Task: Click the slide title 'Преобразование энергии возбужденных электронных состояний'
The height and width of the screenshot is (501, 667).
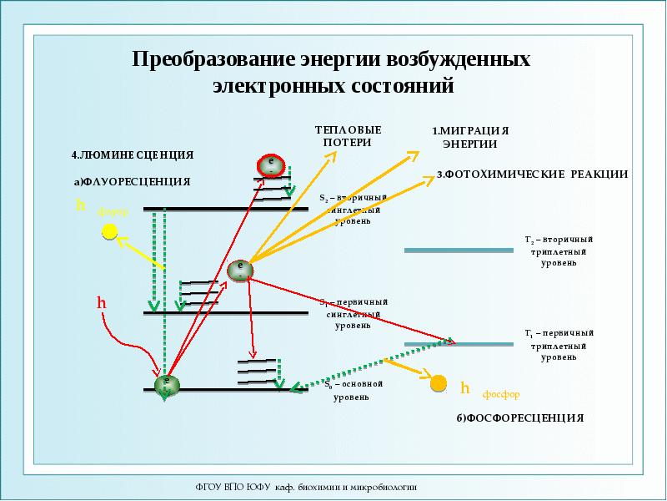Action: (x=332, y=73)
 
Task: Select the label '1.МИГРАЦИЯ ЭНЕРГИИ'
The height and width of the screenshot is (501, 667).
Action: (x=469, y=138)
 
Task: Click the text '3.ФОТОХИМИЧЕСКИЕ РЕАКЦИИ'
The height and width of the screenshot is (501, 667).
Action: (x=532, y=174)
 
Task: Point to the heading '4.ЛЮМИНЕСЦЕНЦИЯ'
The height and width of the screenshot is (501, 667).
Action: (x=133, y=154)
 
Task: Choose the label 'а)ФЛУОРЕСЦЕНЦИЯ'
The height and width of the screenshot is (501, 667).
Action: (x=133, y=180)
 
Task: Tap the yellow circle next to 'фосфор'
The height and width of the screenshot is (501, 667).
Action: (x=439, y=384)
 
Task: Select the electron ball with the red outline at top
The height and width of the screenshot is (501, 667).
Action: (x=270, y=164)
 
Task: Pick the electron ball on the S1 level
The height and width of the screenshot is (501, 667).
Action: (x=239, y=271)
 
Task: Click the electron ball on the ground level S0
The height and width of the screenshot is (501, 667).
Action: (x=168, y=384)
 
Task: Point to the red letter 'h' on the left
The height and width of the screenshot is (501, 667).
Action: (x=101, y=303)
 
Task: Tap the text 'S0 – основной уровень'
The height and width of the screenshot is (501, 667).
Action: (x=353, y=391)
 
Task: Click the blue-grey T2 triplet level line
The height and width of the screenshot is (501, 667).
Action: (x=459, y=250)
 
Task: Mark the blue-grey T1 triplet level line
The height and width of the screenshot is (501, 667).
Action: (x=459, y=343)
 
